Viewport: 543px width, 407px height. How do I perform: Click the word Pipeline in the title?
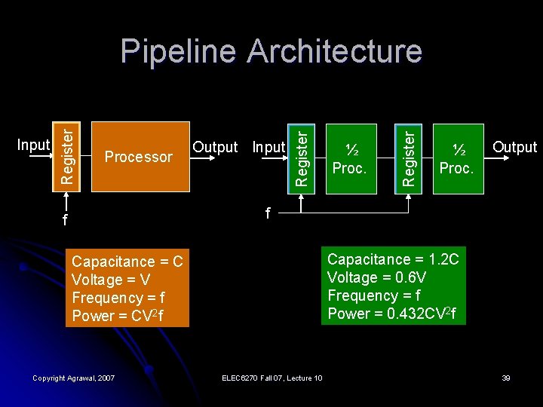coord(178,51)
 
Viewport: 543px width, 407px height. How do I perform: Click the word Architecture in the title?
coord(334,51)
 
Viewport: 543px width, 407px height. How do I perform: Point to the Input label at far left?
coord(32,145)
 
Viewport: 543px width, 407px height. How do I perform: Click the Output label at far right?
coord(514,147)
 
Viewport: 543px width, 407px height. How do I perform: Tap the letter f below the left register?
coord(65,222)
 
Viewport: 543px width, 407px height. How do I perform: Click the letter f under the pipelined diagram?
coord(267,214)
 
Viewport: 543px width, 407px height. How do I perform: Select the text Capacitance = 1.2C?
coord(392,260)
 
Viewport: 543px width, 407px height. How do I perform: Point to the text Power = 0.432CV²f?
coord(391,314)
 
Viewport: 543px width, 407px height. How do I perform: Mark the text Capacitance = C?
coord(127,262)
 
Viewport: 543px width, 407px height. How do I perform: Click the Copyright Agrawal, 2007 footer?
coord(74,378)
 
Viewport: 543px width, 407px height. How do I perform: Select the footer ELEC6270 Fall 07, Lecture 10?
coord(271,378)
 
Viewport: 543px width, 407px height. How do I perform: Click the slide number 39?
coord(505,378)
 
